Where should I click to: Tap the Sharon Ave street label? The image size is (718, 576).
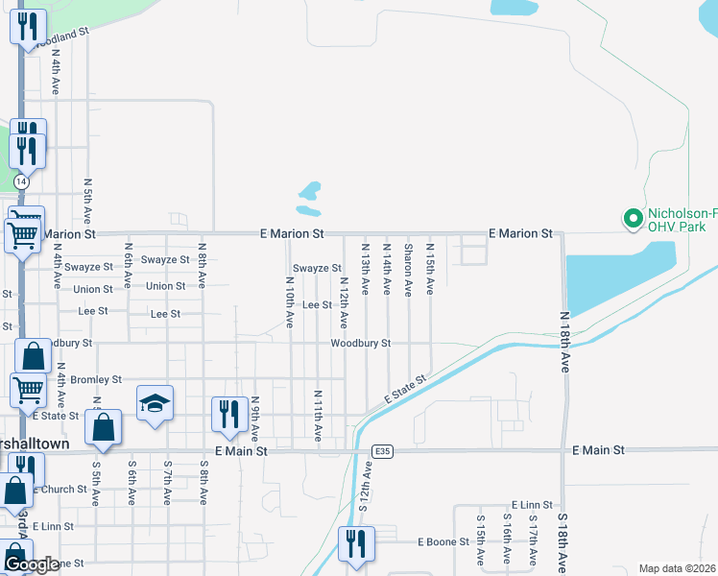(x=409, y=271)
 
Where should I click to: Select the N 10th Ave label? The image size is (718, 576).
(x=289, y=302)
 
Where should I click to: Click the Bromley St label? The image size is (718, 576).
(x=96, y=379)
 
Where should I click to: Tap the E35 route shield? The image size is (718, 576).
(x=383, y=450)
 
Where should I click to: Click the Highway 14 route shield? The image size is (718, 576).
(x=21, y=180)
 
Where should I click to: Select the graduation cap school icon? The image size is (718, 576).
(x=154, y=404)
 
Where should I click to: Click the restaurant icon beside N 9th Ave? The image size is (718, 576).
(x=228, y=415)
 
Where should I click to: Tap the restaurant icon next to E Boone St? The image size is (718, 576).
(x=357, y=543)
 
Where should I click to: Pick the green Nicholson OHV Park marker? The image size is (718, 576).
(x=633, y=220)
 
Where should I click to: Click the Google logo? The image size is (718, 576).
(x=33, y=564)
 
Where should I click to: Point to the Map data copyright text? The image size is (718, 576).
(x=678, y=568)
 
